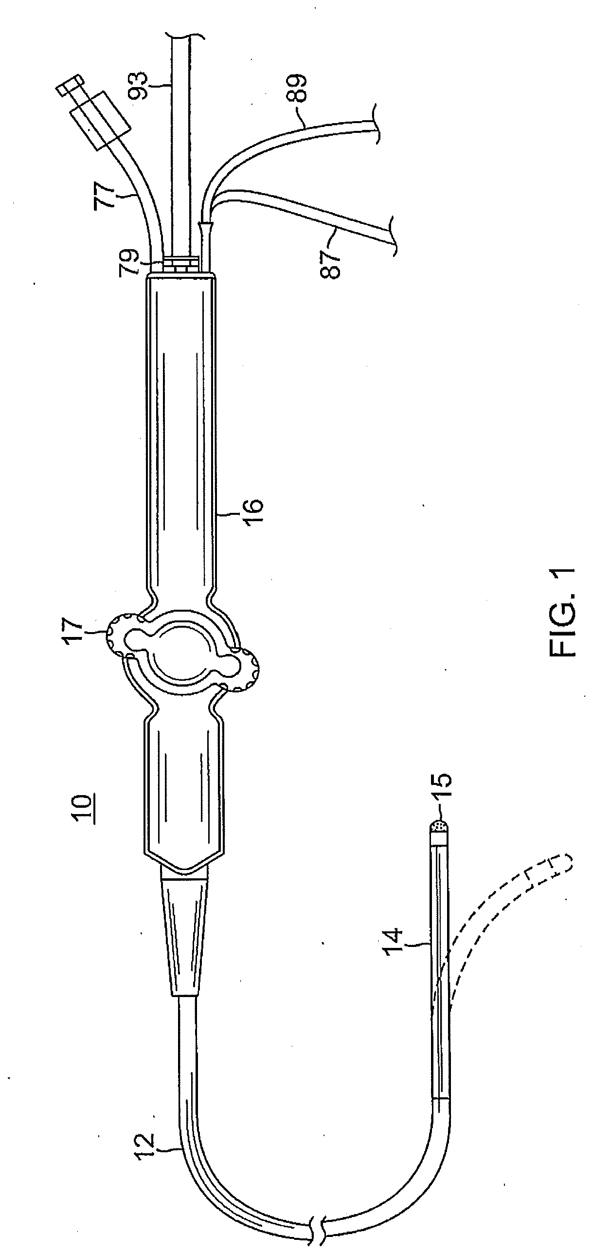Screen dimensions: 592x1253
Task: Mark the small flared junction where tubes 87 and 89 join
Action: click(x=206, y=227)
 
